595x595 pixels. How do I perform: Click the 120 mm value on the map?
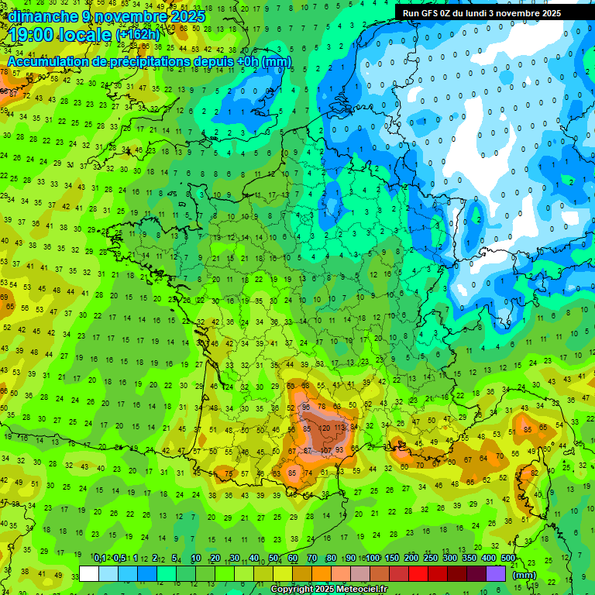[325, 428]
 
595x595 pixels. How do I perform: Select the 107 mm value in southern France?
[326, 450]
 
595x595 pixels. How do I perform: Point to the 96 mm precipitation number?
[306, 407]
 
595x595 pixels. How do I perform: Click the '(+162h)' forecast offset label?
[138, 36]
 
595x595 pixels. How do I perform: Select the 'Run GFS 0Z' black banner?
[487, 12]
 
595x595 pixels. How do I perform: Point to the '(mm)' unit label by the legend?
[524, 575]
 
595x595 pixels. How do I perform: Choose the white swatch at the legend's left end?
[89, 574]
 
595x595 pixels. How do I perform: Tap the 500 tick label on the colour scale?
[508, 559]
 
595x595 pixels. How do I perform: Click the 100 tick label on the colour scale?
[373, 559]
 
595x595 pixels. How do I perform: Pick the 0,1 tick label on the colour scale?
[99, 559]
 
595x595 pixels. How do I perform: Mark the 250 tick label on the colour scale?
[431, 559]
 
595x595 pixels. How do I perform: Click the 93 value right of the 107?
[339, 450]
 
